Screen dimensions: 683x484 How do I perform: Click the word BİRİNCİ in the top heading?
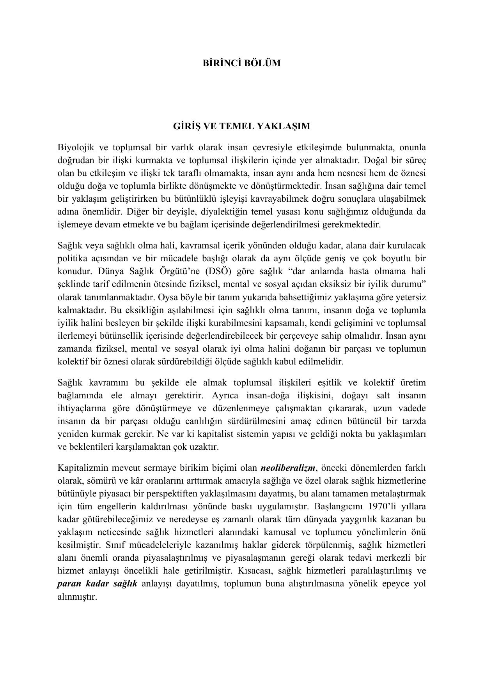pyautogui.click(x=220, y=63)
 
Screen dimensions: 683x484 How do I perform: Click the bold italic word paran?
pyautogui.click(x=69, y=584)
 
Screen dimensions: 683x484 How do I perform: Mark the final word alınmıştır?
pyautogui.click(x=77, y=597)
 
